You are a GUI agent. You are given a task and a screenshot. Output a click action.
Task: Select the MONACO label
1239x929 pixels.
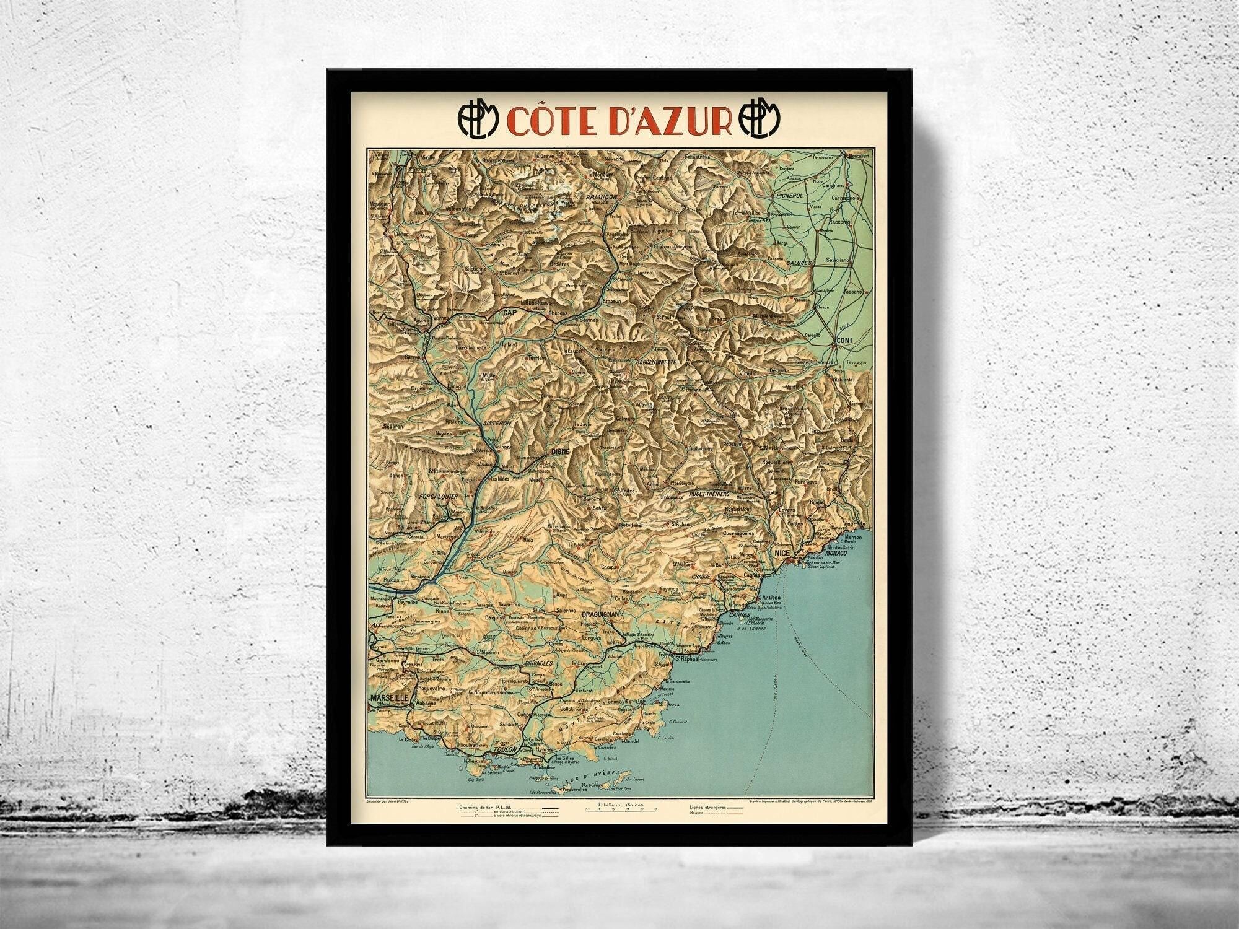[x=837, y=552]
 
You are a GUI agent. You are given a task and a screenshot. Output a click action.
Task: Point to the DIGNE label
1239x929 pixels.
[x=559, y=453]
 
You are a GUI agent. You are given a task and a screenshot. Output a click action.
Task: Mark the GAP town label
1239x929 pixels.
[x=510, y=313]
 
